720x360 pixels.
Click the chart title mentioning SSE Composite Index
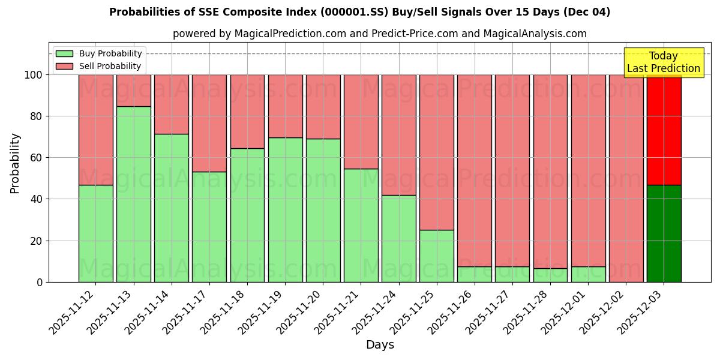(359, 12)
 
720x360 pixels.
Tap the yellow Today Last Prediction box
(663, 62)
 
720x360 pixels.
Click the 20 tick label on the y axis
(35, 241)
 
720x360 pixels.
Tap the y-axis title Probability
(15, 163)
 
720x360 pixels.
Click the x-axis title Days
(380, 345)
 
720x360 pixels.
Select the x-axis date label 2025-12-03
(642, 310)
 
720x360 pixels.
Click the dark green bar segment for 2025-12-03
(664, 233)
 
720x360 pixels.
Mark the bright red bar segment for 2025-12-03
(664, 130)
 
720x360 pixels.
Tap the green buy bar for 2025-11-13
(134, 194)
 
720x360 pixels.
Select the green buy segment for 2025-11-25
(436, 256)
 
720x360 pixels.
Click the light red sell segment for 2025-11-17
(209, 123)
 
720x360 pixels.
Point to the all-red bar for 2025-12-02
(626, 178)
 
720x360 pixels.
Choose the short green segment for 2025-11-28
(550, 275)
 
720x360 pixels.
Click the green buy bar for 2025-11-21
(361, 225)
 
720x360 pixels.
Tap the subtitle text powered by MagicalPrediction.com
(380, 34)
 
